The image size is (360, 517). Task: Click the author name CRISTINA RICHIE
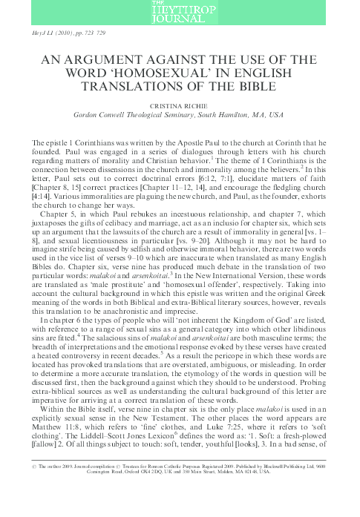coord(180,105)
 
